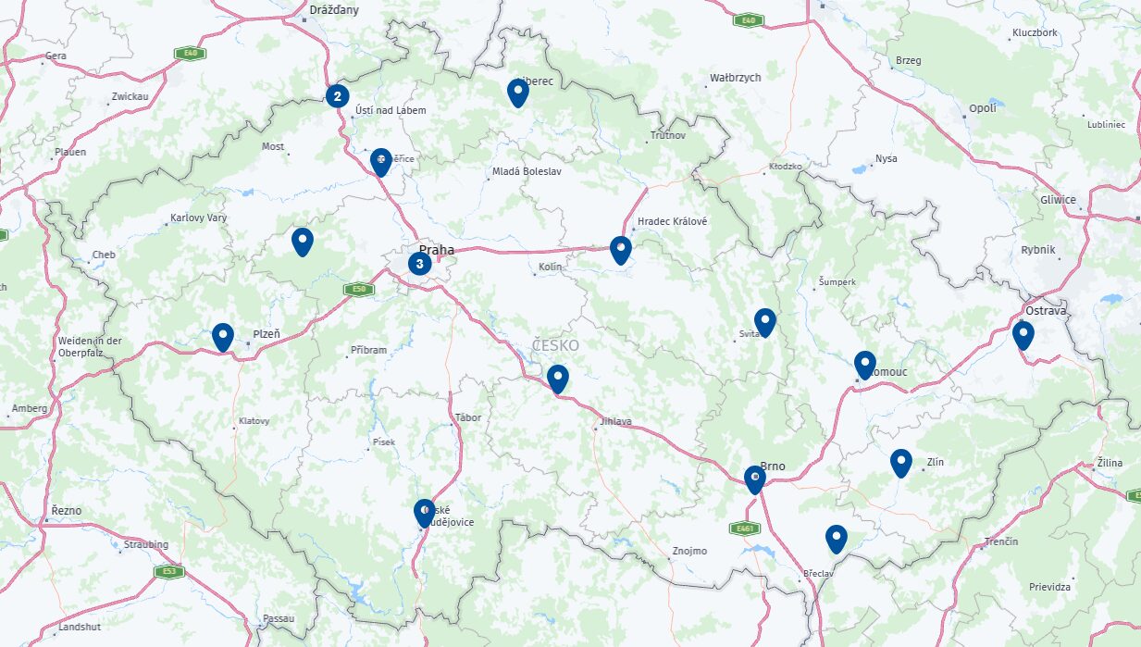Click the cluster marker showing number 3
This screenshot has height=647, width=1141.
pos(419,264)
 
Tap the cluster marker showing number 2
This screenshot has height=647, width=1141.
pos(338,95)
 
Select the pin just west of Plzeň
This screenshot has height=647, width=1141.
pos(222,336)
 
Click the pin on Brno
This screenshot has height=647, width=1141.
pos(755,479)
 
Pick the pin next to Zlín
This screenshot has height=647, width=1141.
pos(900,461)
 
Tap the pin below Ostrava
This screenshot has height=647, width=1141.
pos(1023,334)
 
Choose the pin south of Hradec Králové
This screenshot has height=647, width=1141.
pos(621,249)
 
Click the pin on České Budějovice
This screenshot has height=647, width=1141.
pos(425,512)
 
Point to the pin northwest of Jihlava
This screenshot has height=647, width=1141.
pos(557,378)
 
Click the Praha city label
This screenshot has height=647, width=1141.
pos(437,250)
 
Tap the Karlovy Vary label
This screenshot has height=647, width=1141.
pos(198,218)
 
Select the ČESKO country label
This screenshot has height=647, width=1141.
pos(555,345)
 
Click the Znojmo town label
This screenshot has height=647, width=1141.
pos(688,552)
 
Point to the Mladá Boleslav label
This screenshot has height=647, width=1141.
pos(527,171)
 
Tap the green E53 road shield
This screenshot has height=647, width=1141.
pos(167,571)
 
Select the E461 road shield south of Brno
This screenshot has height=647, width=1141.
pos(743,529)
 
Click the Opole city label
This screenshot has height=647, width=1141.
pos(983,108)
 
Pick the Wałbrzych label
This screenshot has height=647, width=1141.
pos(736,78)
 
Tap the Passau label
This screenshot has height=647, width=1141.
pos(279,618)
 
